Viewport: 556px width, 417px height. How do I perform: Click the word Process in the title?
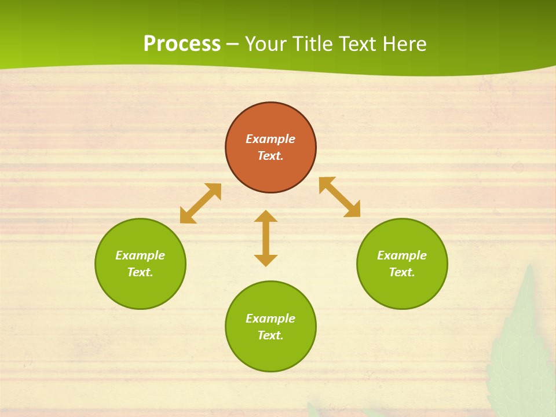pyautogui.click(x=182, y=44)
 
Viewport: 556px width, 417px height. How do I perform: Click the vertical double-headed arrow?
pyautogui.click(x=266, y=238)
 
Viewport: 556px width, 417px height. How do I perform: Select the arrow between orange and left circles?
pyautogui.click(x=200, y=203)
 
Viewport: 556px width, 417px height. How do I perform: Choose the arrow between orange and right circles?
pyautogui.click(x=339, y=197)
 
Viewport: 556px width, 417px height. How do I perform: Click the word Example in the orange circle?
pyautogui.click(x=270, y=139)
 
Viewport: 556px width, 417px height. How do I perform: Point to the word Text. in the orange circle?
pyautogui.click(x=270, y=156)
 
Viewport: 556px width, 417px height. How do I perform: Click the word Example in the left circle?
pyautogui.click(x=140, y=255)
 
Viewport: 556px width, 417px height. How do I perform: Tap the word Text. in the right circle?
pyautogui.click(x=402, y=272)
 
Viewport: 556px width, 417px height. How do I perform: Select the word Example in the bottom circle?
pyautogui.click(x=270, y=319)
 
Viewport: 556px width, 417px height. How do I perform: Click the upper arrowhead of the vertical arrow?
pyautogui.click(x=266, y=217)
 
